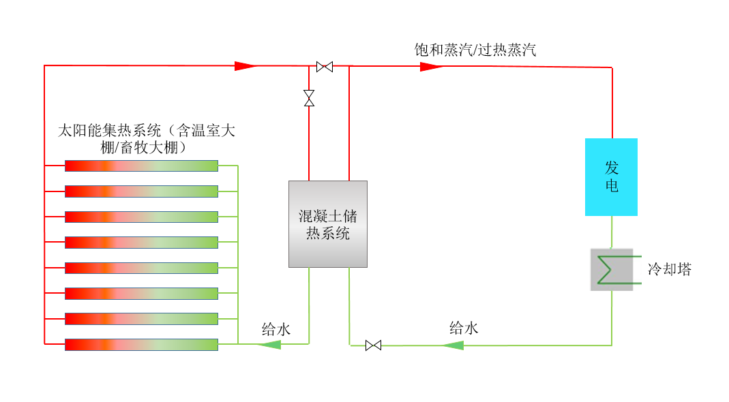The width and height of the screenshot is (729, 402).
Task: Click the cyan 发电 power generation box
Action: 611,177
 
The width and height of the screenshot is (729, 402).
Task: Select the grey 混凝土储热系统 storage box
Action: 328,223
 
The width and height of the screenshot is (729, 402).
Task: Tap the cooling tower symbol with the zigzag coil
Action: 612,269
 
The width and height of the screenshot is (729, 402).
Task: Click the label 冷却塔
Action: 670,270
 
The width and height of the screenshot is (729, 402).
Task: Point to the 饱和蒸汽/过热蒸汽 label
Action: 475,50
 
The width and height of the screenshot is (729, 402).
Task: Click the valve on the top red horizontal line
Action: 325,67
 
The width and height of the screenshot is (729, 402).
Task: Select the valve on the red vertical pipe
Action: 309,98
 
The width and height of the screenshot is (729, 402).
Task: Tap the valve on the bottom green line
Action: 373,345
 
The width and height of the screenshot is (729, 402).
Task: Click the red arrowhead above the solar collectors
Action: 245,66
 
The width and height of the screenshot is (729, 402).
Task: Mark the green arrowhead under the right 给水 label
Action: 453,345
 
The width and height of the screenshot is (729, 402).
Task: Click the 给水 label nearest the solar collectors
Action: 276,330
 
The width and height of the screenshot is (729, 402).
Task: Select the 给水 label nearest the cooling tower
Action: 464,328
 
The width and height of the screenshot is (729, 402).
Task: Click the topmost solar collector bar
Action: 141,166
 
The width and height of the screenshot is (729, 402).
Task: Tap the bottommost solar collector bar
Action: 141,344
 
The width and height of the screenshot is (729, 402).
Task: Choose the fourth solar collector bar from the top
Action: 141,242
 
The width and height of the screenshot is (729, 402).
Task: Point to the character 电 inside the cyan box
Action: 612,185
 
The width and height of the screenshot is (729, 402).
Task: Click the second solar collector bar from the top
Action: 141,191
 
